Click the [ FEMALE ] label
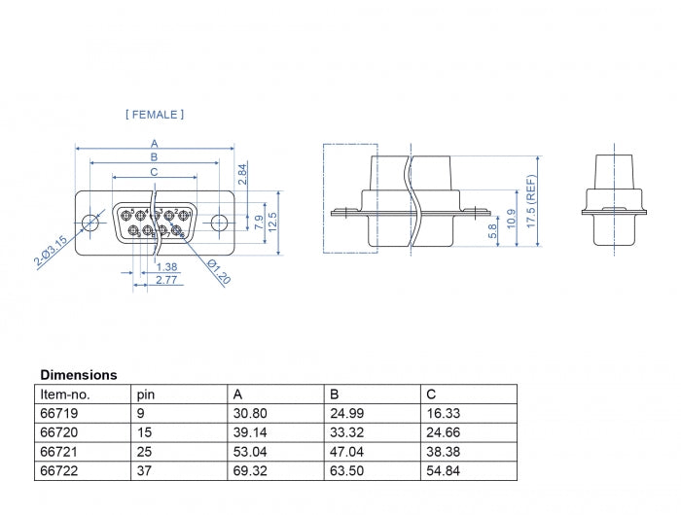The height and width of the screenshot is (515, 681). point(155,115)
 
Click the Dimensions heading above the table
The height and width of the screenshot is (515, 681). point(79,374)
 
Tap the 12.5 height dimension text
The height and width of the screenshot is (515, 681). point(273,223)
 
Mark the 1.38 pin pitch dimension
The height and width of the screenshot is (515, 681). point(167,267)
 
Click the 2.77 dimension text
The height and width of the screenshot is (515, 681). point(167,280)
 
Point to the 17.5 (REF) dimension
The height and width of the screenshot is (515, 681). point(531,200)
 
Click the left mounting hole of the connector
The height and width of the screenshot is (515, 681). point(90,223)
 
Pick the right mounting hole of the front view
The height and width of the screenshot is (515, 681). point(219,223)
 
